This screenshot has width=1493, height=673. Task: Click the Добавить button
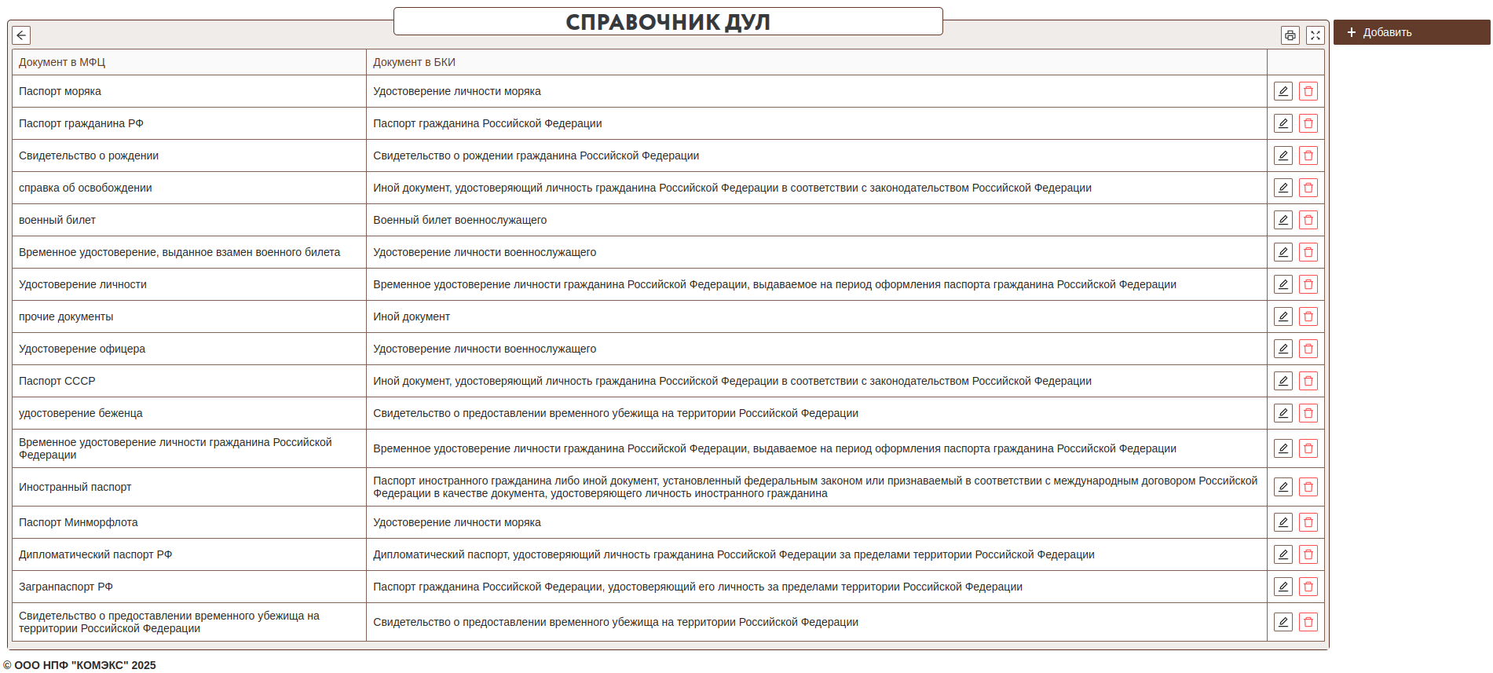[x=1411, y=32]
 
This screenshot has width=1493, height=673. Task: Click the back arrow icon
[x=21, y=35]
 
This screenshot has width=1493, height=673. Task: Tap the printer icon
[x=1290, y=35]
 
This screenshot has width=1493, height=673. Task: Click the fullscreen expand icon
[x=1315, y=35]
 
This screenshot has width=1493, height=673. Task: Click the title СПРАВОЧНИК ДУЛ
[x=668, y=22]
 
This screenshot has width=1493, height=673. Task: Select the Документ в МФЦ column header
[x=62, y=62]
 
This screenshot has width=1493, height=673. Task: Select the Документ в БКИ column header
[x=414, y=62]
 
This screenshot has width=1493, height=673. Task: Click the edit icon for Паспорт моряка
[x=1283, y=91]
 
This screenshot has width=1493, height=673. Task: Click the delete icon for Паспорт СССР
[x=1308, y=381]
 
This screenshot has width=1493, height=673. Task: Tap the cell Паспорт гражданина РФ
[x=81, y=123]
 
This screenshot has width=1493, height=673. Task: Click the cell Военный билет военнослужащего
[x=459, y=220]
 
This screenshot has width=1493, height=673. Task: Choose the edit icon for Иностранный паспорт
[x=1283, y=487]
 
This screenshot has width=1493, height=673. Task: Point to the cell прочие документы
[x=66, y=316]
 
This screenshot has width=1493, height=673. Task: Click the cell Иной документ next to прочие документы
[x=412, y=316]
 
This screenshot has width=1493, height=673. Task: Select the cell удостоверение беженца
[x=81, y=413]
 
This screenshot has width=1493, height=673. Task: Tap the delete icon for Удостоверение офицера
[x=1308, y=349]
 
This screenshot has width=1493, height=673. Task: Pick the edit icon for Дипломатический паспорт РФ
[x=1283, y=554]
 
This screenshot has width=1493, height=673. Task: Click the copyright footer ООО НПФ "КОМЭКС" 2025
[x=79, y=665]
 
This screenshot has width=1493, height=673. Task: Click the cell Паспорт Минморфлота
[x=79, y=522]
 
